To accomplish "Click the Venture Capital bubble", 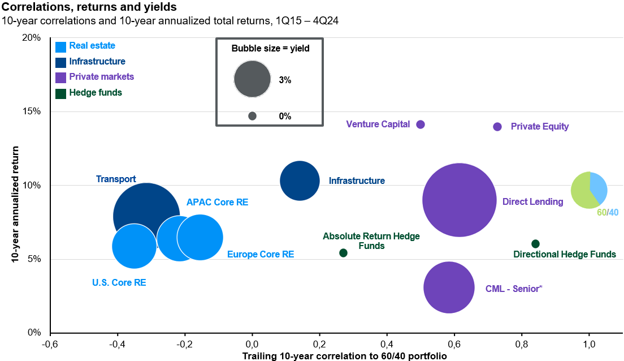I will [x=420, y=124].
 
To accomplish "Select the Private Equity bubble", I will [x=497, y=127].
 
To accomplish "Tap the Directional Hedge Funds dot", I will [x=535, y=244].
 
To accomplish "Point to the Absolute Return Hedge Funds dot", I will [x=343, y=253].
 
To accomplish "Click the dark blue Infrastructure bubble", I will [x=300, y=181].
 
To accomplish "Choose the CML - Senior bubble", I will [x=449, y=287].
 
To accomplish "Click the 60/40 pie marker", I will [x=589, y=190].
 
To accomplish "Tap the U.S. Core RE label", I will [x=119, y=282].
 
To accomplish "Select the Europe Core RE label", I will [x=260, y=255].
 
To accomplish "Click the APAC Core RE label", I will [x=217, y=202].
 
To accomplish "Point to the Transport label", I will [x=116, y=179].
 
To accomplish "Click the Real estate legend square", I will [x=60, y=47].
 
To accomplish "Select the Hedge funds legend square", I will [x=60, y=93].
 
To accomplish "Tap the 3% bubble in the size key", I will [x=252, y=78].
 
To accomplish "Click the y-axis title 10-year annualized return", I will [x=15, y=204].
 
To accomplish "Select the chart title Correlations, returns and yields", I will [x=89, y=8].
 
